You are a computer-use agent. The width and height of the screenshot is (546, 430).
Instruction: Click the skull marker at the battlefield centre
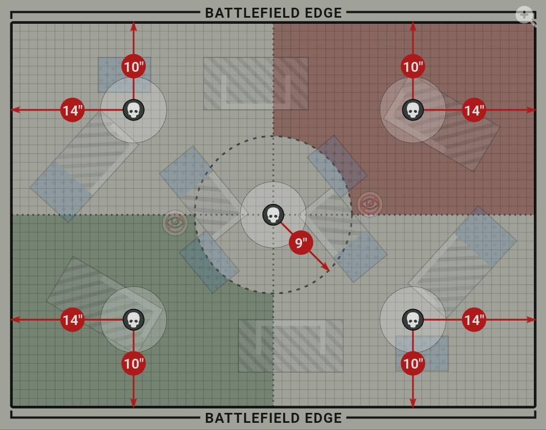pos(273,215)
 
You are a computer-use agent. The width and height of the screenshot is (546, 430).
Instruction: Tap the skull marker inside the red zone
pos(412,110)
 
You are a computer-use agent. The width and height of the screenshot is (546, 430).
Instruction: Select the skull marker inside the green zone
pos(133,319)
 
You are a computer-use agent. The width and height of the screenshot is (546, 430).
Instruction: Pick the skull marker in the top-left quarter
pos(133,110)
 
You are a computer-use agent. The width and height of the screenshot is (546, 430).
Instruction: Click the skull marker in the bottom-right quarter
pos(412,319)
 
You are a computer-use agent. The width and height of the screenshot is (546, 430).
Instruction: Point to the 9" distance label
pos(301,243)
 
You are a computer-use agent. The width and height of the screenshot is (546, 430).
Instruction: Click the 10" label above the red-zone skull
pos(412,67)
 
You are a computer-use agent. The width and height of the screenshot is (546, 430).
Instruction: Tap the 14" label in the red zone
pos(473,110)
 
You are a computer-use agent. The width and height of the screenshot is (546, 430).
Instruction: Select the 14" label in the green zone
pos(72,319)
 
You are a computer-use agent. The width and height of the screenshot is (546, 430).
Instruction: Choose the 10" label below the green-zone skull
pos(133,363)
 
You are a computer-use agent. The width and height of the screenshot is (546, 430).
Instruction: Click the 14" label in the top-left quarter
pos(72,110)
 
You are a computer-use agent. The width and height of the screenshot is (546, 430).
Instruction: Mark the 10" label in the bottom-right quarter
pos(412,363)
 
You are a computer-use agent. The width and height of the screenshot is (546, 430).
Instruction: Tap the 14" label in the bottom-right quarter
pos(474,319)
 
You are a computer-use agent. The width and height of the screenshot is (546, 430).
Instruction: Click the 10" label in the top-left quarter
pos(133,67)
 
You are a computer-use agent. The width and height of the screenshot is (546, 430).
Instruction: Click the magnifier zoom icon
pos(525,15)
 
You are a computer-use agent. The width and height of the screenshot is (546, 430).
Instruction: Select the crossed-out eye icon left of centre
pos(175,223)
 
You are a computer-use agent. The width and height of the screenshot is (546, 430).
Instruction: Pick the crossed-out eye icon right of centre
pos(370,204)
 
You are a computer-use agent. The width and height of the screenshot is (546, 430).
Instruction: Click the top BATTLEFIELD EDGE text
pos(273,12)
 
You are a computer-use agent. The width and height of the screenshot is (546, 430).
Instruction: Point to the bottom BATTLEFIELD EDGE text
pos(273,418)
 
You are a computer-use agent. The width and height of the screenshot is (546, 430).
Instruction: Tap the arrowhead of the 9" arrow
pos(327,270)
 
